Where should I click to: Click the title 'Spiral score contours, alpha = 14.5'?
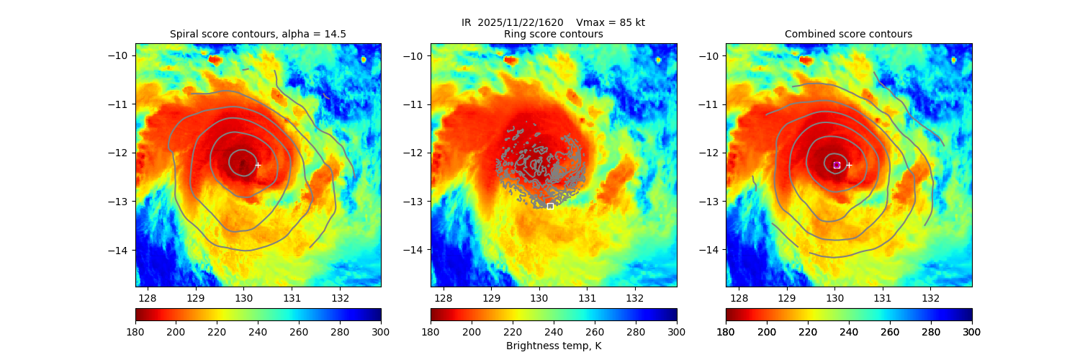click(258, 34)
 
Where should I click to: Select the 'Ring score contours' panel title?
click(553, 34)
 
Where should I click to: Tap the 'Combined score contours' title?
click(848, 34)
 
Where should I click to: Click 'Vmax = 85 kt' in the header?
click(611, 22)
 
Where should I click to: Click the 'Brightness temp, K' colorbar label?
click(553, 346)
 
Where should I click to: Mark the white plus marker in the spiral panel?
click(258, 165)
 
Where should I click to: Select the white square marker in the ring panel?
click(550, 206)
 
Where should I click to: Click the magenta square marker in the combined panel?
click(837, 165)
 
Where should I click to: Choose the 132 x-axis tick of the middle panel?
click(635, 297)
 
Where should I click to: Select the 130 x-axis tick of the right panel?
click(834, 297)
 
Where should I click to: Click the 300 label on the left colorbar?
click(381, 331)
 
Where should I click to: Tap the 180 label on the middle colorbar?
click(431, 331)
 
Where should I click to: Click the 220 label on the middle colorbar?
click(513, 331)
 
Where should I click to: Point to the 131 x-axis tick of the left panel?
click(292, 297)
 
